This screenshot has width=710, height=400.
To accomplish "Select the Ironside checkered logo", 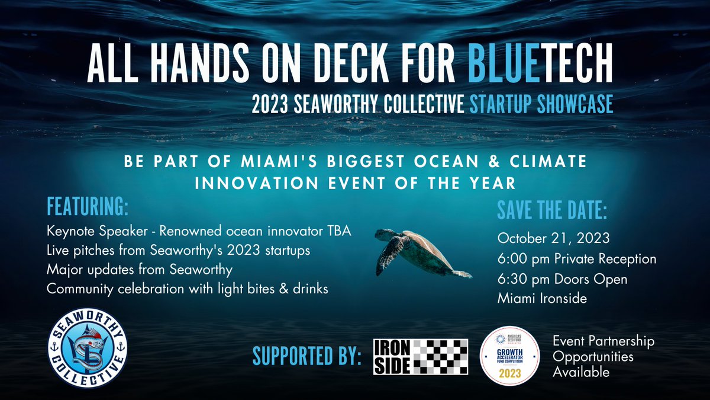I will coord(421,357).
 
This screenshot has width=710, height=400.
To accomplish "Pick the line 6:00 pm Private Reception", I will coord(577,258).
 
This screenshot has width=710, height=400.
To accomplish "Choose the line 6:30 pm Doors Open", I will coord(562,279).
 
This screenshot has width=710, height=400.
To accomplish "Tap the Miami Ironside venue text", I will coord(542,299).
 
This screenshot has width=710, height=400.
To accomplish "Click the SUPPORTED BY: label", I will coord(307,357).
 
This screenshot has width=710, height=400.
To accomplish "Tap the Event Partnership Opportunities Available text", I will coord(603,357).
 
